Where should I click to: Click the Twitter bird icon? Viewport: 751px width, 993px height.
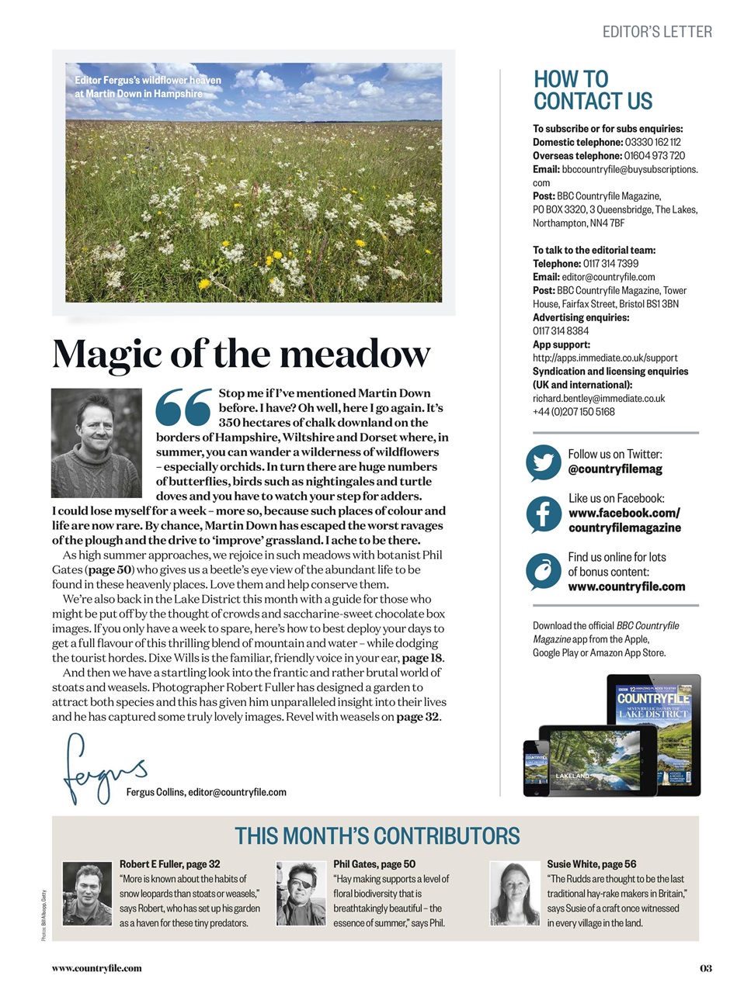(x=543, y=463)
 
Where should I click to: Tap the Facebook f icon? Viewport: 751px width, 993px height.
(x=543, y=514)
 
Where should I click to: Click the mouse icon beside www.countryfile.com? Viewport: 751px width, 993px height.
(x=543, y=572)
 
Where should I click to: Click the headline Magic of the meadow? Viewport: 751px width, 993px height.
(x=241, y=355)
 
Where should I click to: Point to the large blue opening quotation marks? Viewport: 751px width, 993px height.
(x=184, y=407)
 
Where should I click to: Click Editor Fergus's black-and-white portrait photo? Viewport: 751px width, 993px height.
(x=96, y=443)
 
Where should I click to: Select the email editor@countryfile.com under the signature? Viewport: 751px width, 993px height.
(x=237, y=792)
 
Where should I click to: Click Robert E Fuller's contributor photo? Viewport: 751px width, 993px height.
(x=87, y=894)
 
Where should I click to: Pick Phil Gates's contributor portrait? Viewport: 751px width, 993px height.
(x=301, y=894)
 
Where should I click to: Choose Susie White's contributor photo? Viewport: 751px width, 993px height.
(x=515, y=894)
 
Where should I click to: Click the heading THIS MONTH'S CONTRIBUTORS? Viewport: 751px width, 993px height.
(x=377, y=836)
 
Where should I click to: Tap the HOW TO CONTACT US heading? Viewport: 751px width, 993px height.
(x=593, y=90)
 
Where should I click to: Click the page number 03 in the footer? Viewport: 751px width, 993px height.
(x=705, y=967)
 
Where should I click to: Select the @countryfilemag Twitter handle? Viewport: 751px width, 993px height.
(x=615, y=469)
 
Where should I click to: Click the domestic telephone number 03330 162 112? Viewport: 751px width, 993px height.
(x=652, y=142)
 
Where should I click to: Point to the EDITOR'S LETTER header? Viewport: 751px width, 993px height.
(x=657, y=32)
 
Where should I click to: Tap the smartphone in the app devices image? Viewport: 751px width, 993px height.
(x=536, y=768)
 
